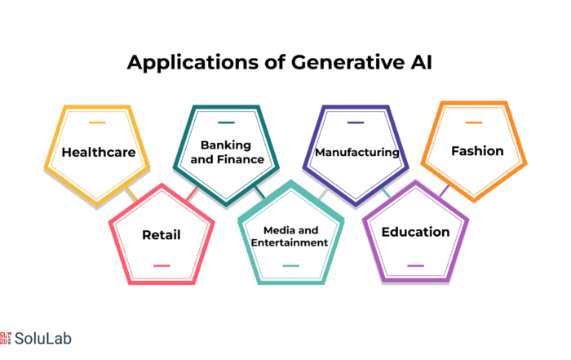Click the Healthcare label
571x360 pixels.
coord(99,152)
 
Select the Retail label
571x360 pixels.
coord(162,234)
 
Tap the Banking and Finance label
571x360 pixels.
coord(227,152)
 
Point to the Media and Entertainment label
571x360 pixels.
coord(290,236)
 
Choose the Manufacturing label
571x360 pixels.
coord(357,152)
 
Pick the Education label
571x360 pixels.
coord(415,232)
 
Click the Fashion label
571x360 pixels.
coord(477,151)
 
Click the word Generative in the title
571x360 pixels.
coord(347,62)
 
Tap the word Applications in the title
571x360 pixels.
coord(193,63)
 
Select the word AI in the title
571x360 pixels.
coord(422,62)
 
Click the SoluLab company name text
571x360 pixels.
coord(43,338)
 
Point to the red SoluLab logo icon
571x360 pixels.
coord(6,338)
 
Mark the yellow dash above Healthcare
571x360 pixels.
coord(97,122)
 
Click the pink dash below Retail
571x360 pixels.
coord(162,265)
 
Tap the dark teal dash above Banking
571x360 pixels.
coord(226,122)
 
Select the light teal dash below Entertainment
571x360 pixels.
coord(290,265)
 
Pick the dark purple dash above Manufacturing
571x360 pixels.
coord(356,122)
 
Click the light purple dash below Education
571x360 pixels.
coord(415,265)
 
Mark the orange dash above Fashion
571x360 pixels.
coord(474,122)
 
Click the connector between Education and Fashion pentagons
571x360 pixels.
coord(445,190)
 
